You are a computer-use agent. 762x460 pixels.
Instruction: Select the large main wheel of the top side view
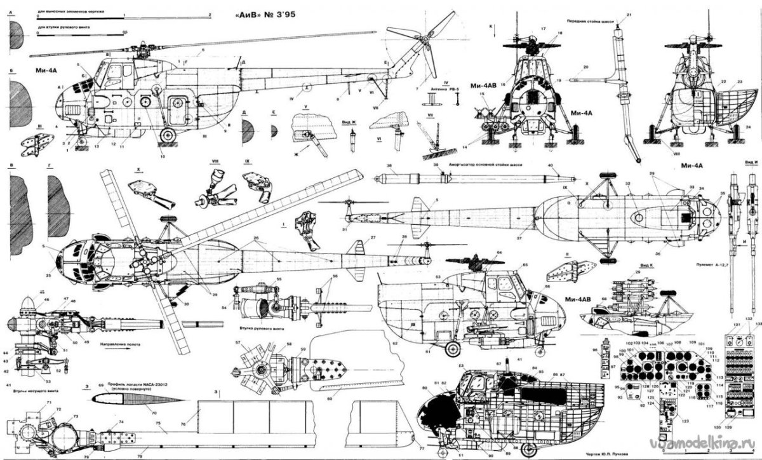(168, 135)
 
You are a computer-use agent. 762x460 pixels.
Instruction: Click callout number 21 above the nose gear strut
(629, 14)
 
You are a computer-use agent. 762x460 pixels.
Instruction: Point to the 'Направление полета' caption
(117, 344)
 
